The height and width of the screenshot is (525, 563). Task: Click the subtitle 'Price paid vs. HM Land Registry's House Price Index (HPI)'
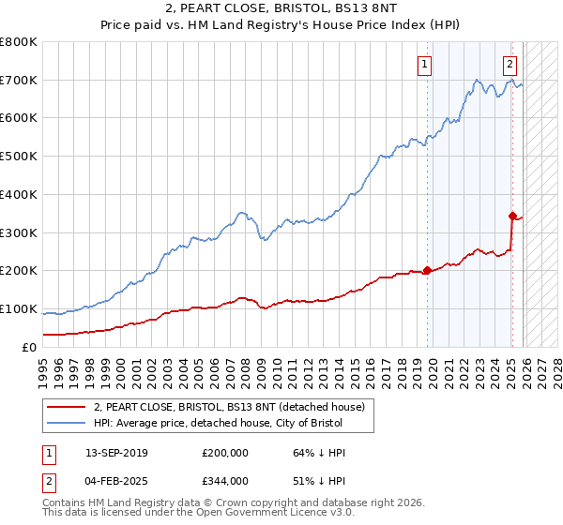(281, 26)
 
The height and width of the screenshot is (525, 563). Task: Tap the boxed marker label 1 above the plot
(425, 65)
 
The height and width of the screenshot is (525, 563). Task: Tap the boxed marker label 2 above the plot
(510, 65)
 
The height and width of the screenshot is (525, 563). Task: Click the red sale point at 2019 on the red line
(427, 270)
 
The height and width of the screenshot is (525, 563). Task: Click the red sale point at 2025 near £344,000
(512, 216)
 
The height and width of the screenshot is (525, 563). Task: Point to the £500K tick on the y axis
(19, 157)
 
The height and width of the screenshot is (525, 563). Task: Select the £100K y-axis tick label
(19, 309)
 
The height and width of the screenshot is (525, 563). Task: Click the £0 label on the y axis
(30, 348)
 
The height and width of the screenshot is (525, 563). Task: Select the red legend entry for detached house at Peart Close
(235, 406)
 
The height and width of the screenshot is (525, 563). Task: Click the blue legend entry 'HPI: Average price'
(221, 423)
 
